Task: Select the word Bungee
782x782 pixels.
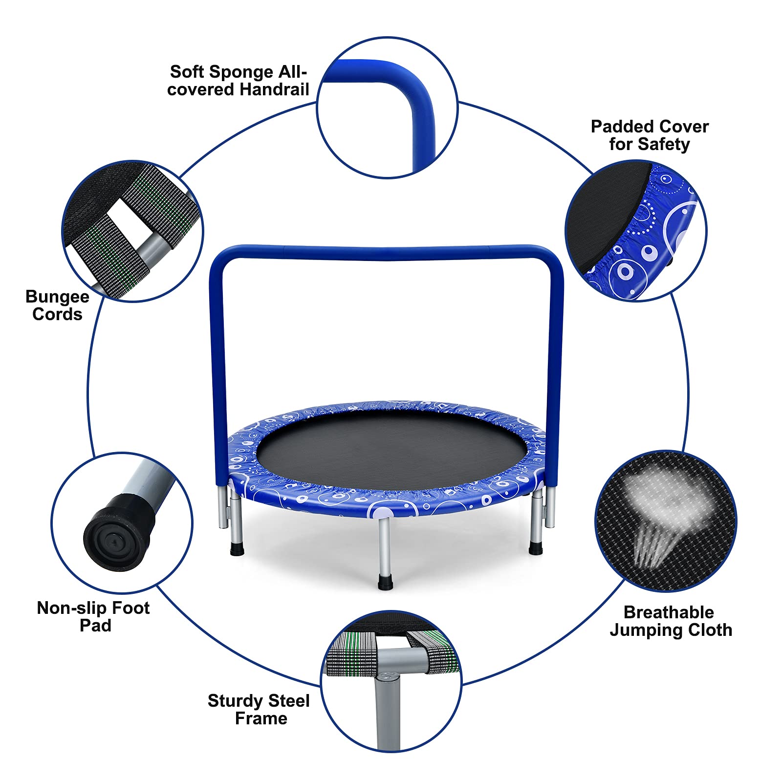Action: pyautogui.click(x=57, y=297)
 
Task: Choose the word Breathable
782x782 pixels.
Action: pyautogui.click(x=669, y=612)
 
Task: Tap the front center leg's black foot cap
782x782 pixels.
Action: pyautogui.click(x=385, y=584)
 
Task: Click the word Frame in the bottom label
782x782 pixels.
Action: pyautogui.click(x=261, y=718)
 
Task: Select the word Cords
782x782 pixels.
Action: pyautogui.click(x=57, y=314)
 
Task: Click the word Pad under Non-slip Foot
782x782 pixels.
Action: pyautogui.click(x=95, y=626)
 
